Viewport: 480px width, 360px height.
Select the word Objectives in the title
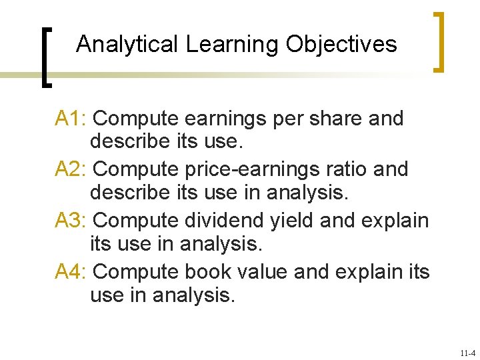(341, 45)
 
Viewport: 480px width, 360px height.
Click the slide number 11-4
(467, 353)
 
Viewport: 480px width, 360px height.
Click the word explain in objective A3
(392, 221)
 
